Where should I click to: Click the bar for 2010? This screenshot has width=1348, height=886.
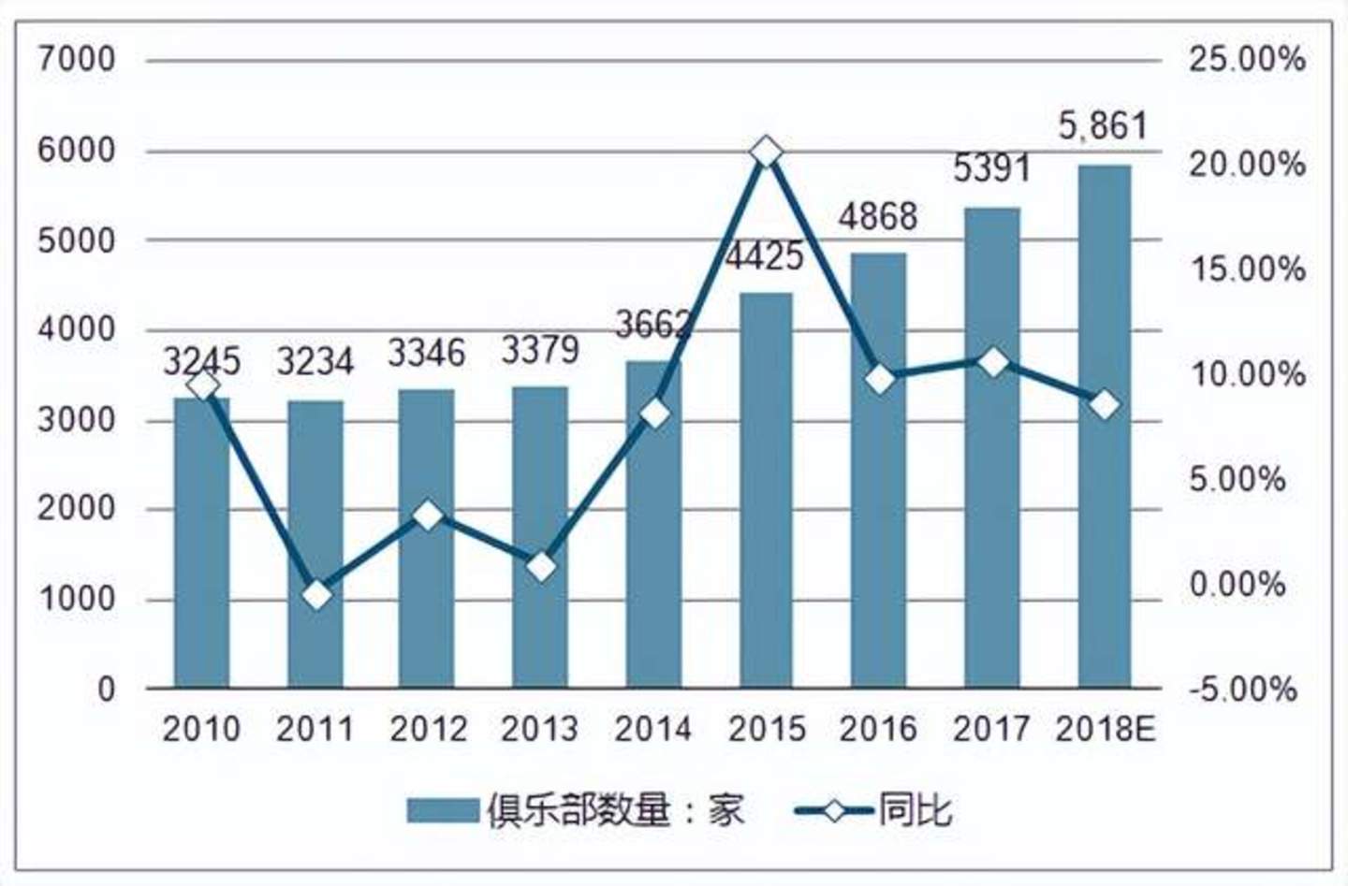click(202, 543)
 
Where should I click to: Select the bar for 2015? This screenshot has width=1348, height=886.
click(767, 491)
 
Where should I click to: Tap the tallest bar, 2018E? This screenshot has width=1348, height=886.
click(1105, 427)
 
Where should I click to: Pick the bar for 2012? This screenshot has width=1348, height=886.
click(427, 539)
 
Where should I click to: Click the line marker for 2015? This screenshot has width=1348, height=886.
click(767, 152)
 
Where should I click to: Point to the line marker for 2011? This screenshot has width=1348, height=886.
click(317, 595)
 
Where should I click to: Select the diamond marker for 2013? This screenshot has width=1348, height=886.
click(541, 567)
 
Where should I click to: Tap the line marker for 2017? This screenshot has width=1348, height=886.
click(992, 362)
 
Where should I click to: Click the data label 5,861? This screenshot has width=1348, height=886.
click(1102, 125)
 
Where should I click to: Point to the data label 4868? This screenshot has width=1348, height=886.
click(878, 217)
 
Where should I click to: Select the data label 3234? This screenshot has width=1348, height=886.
click(315, 362)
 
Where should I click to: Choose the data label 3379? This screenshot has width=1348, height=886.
click(540, 351)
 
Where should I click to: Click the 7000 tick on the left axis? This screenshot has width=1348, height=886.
click(78, 60)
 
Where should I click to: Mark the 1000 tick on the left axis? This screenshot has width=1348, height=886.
click(78, 599)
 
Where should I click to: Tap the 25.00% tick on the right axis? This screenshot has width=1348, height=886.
click(1247, 60)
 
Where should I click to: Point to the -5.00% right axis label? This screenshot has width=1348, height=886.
click(1243, 690)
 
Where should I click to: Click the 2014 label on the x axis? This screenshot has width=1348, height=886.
click(652, 729)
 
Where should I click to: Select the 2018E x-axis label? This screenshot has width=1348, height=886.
click(1106, 729)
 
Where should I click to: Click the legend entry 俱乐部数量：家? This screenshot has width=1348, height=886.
click(576, 810)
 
